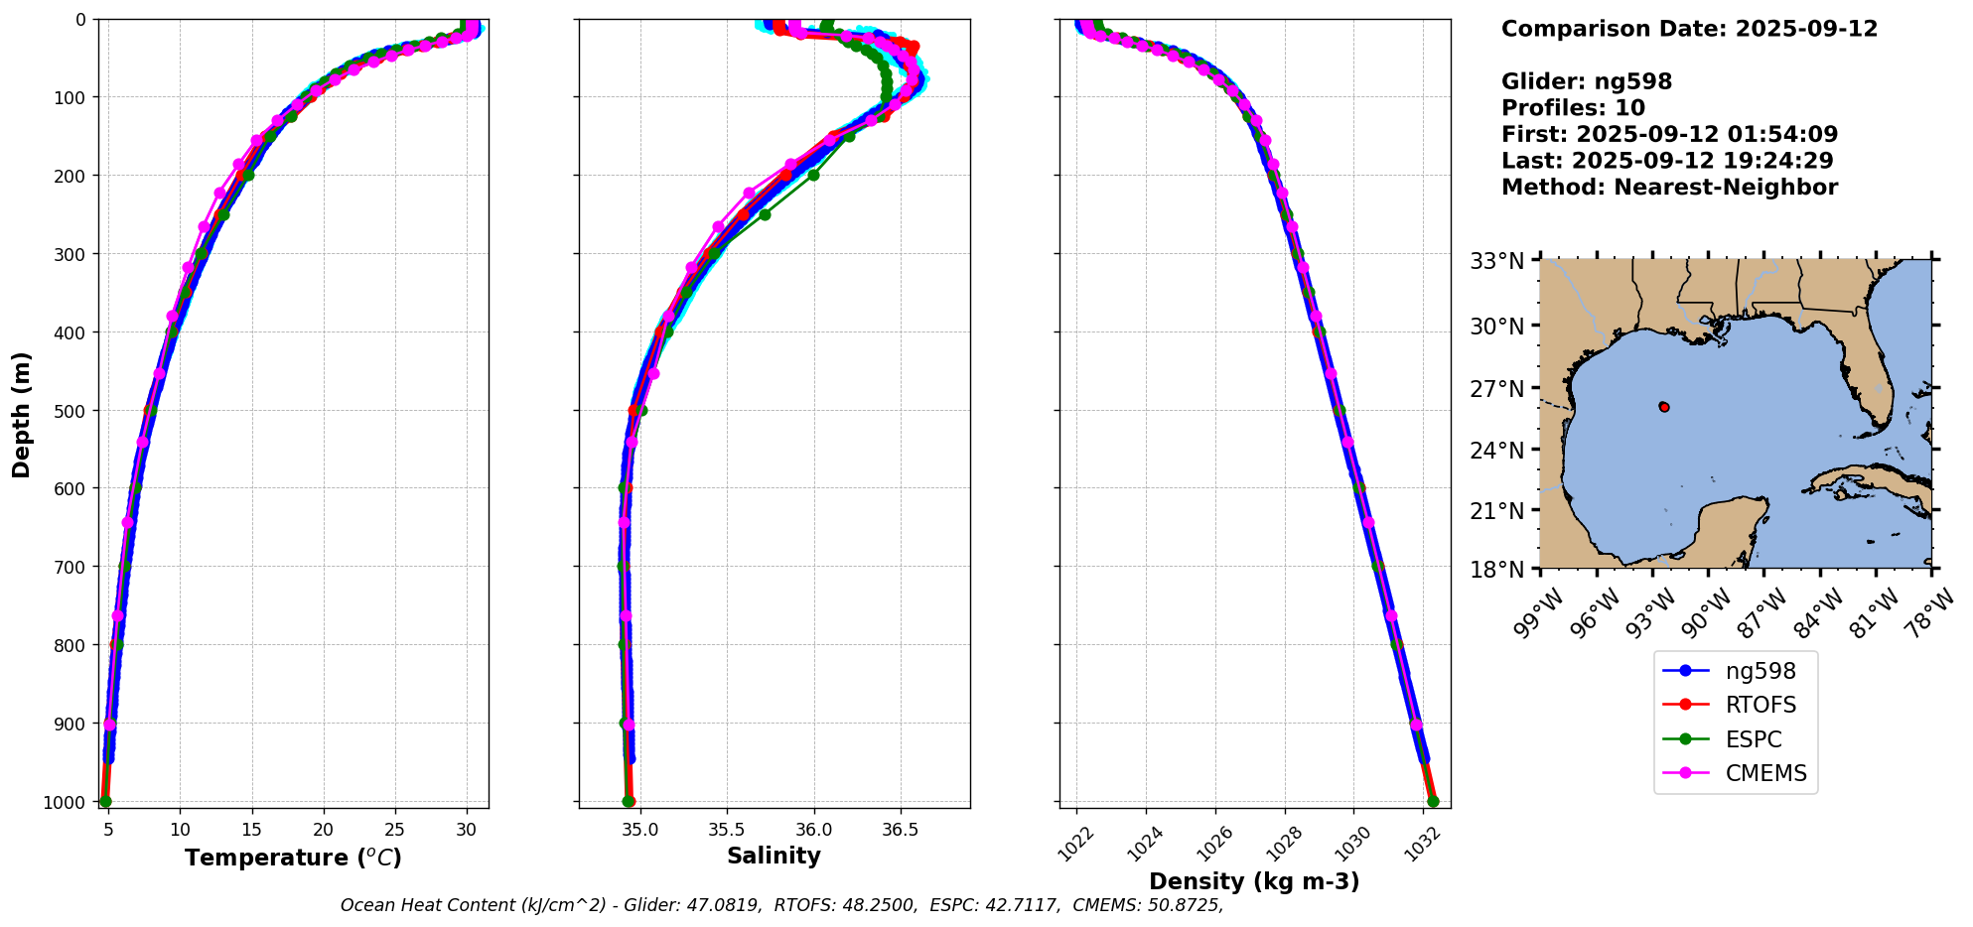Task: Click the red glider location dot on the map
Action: (x=1664, y=407)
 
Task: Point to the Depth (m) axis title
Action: (x=21, y=415)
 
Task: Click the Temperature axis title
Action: (x=293, y=858)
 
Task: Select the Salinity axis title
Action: (x=774, y=857)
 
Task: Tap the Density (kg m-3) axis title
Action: (x=1254, y=881)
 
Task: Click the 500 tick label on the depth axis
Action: (x=73, y=410)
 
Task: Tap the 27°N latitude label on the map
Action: (x=1496, y=389)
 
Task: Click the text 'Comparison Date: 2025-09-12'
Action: (x=1689, y=29)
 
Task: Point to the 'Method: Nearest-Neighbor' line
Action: (x=1669, y=188)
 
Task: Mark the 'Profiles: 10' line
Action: (x=1573, y=108)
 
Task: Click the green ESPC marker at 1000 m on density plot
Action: (x=1433, y=801)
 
